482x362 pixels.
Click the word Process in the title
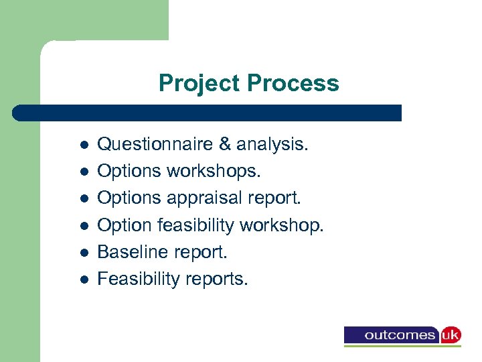(293, 84)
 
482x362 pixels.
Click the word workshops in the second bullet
(214, 171)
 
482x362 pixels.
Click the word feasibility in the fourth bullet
(193, 225)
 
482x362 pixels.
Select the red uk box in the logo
(450, 335)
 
